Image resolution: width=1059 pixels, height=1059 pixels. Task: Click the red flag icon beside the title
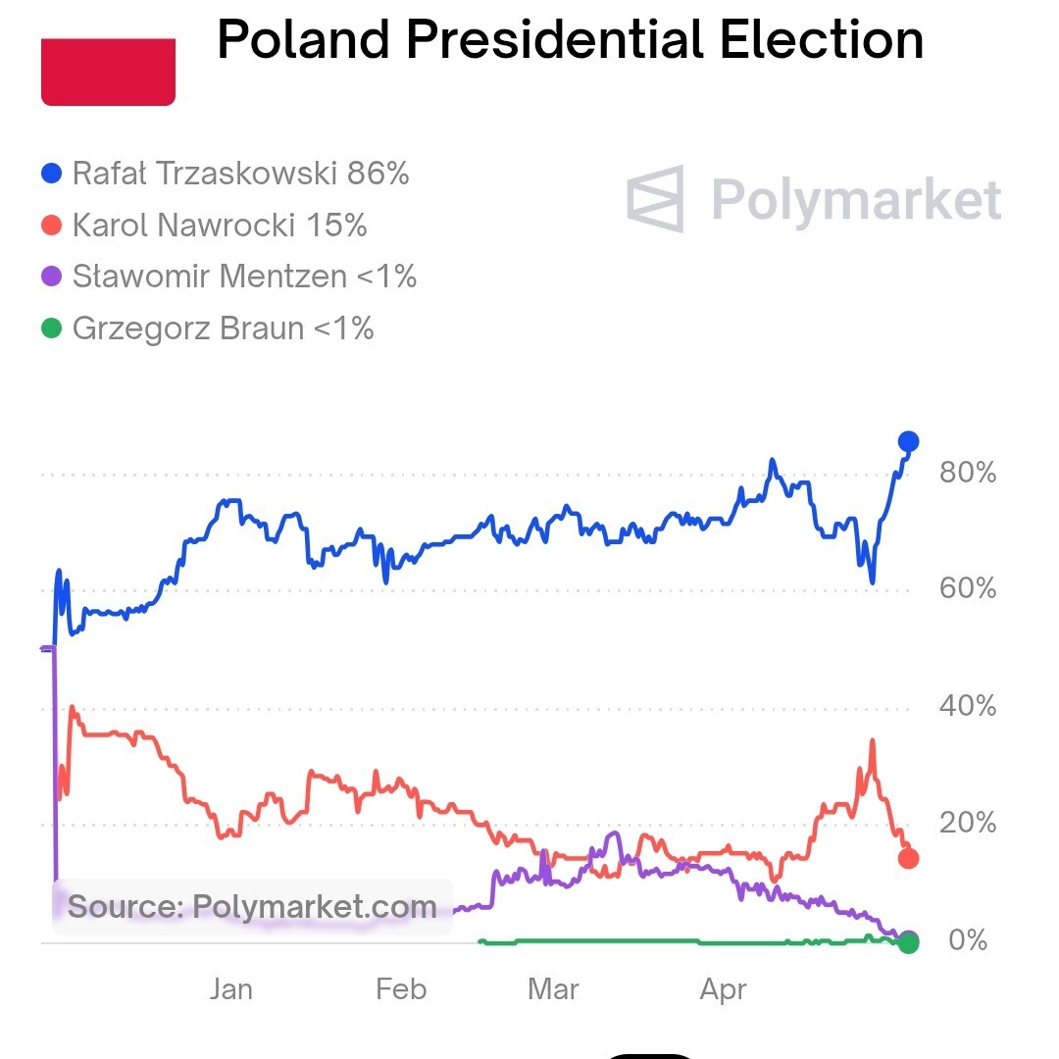click(108, 71)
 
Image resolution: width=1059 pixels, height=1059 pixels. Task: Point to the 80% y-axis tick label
click(967, 474)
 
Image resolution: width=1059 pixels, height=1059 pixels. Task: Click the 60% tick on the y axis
click(967, 589)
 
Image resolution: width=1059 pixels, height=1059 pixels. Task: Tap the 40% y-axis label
click(967, 706)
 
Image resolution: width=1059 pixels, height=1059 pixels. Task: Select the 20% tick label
click(967, 823)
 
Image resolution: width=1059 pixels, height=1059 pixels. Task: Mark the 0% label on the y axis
click(967, 940)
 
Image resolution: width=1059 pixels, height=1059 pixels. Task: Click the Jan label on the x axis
click(231, 989)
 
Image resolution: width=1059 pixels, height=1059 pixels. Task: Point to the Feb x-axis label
click(401, 989)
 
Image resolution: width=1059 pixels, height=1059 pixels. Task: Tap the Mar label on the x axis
click(553, 989)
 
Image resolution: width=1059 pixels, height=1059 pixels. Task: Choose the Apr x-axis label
click(724, 989)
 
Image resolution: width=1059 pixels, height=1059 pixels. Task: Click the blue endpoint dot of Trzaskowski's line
click(909, 441)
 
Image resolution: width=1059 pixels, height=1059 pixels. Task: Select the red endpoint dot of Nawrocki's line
click(909, 859)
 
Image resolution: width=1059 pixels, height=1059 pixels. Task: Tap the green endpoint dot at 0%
click(909, 942)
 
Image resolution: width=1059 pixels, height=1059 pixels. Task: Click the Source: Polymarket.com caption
click(252, 906)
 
